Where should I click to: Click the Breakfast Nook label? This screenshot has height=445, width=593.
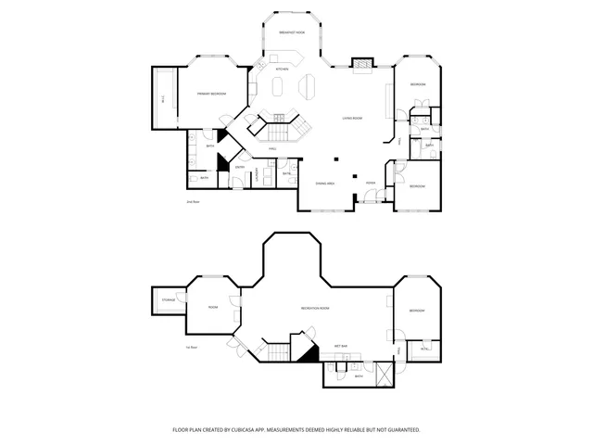point(293,32)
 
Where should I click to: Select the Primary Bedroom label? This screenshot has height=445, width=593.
point(211,95)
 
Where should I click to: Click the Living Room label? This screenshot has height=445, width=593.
point(351,119)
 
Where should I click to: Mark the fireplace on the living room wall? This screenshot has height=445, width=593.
point(361,64)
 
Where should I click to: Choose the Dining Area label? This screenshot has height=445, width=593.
point(324,184)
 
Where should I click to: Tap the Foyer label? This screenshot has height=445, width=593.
point(370,184)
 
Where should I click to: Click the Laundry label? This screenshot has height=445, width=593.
point(255,175)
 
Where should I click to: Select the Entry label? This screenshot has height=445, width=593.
point(240,167)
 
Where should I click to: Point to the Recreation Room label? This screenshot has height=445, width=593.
point(316,307)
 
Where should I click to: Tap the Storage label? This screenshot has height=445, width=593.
point(168,299)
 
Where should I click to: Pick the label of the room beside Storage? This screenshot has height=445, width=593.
point(212,307)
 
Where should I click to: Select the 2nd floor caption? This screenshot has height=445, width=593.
point(193,201)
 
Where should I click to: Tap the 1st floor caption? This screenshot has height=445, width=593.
point(192,347)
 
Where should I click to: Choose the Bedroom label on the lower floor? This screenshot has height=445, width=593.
point(417,311)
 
